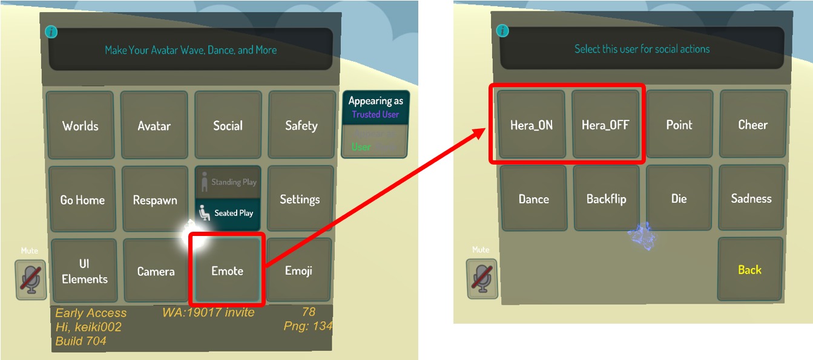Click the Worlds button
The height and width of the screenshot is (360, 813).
(x=80, y=126)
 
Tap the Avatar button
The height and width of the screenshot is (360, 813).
(x=154, y=126)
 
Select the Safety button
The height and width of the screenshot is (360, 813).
(x=301, y=126)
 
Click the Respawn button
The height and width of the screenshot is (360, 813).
(x=155, y=200)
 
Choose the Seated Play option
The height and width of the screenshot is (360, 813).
(x=228, y=214)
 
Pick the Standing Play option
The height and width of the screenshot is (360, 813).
(x=228, y=182)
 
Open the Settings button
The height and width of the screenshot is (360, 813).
(x=300, y=200)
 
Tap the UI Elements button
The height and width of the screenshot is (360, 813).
(x=84, y=272)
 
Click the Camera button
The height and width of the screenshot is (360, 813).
(x=156, y=272)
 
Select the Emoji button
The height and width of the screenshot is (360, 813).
(x=298, y=271)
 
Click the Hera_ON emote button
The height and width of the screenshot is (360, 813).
(x=531, y=125)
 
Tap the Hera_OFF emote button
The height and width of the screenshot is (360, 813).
(x=605, y=125)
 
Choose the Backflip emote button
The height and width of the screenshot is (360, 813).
(x=606, y=199)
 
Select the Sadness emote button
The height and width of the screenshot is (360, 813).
(x=751, y=198)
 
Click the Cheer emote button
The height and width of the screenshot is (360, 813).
(x=752, y=125)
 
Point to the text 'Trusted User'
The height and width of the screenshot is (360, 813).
(x=375, y=114)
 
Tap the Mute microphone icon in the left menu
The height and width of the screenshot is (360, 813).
(x=31, y=280)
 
